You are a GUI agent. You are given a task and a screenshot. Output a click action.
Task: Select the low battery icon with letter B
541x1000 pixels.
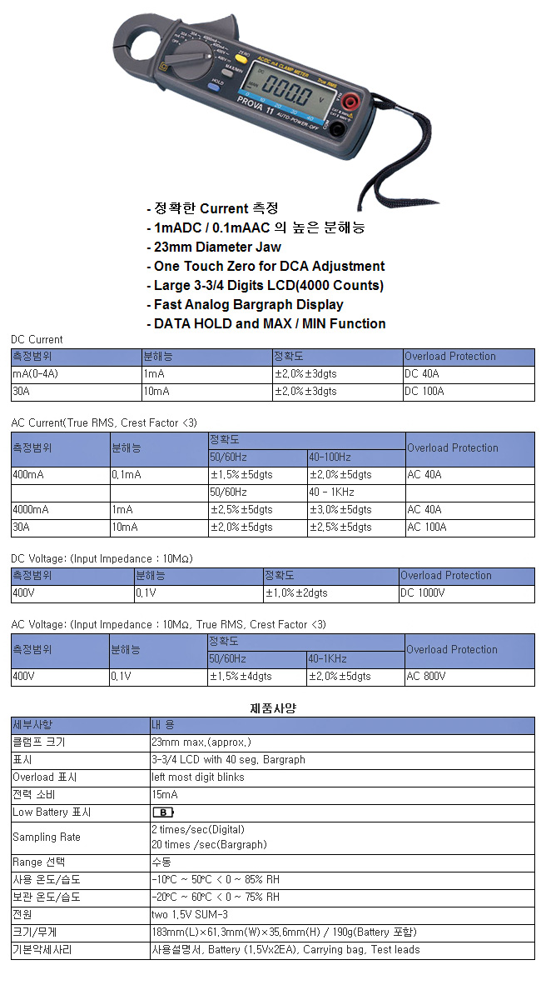(163, 812)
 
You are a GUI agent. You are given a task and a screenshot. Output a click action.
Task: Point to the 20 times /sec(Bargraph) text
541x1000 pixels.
(209, 844)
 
